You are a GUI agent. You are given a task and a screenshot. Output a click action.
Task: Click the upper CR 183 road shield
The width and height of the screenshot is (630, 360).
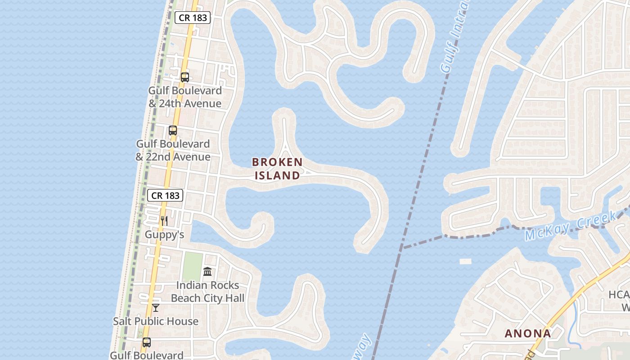(193, 18)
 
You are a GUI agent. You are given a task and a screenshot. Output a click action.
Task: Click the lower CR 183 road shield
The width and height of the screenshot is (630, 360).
(165, 195)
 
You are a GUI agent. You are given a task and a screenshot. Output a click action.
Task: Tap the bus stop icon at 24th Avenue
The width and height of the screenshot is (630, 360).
(185, 77)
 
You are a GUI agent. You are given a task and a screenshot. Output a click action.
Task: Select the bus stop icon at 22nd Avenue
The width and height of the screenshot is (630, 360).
(173, 130)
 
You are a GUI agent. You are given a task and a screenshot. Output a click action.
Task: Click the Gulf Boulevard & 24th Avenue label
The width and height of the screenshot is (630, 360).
(185, 97)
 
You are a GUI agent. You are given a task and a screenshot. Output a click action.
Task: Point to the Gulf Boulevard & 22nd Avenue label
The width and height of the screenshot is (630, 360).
(173, 150)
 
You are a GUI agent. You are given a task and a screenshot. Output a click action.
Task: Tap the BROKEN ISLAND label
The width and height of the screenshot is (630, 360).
(277, 169)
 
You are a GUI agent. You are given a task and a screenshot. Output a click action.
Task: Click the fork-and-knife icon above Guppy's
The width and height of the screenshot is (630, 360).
(164, 220)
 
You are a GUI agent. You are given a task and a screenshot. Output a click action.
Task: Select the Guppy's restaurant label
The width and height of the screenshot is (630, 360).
(164, 234)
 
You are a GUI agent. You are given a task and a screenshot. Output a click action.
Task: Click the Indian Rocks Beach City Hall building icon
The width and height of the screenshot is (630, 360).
(207, 271)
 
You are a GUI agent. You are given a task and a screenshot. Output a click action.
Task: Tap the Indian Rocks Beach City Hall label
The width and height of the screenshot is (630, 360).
(207, 292)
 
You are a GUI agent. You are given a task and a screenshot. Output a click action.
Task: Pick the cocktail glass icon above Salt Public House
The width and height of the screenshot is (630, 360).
(156, 308)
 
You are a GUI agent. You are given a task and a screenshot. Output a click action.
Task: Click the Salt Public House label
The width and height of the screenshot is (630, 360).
(156, 321)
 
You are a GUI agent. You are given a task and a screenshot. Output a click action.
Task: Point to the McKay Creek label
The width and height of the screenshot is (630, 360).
(570, 227)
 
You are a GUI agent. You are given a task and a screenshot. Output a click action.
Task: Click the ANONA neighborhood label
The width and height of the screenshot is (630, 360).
(527, 333)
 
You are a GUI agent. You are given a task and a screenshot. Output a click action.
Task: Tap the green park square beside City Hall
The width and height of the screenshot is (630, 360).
(193, 265)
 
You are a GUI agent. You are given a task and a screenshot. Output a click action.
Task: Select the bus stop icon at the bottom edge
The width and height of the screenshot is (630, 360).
(146, 342)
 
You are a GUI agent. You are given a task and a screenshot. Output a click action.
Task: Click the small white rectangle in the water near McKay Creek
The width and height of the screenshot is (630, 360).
(465, 261)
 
